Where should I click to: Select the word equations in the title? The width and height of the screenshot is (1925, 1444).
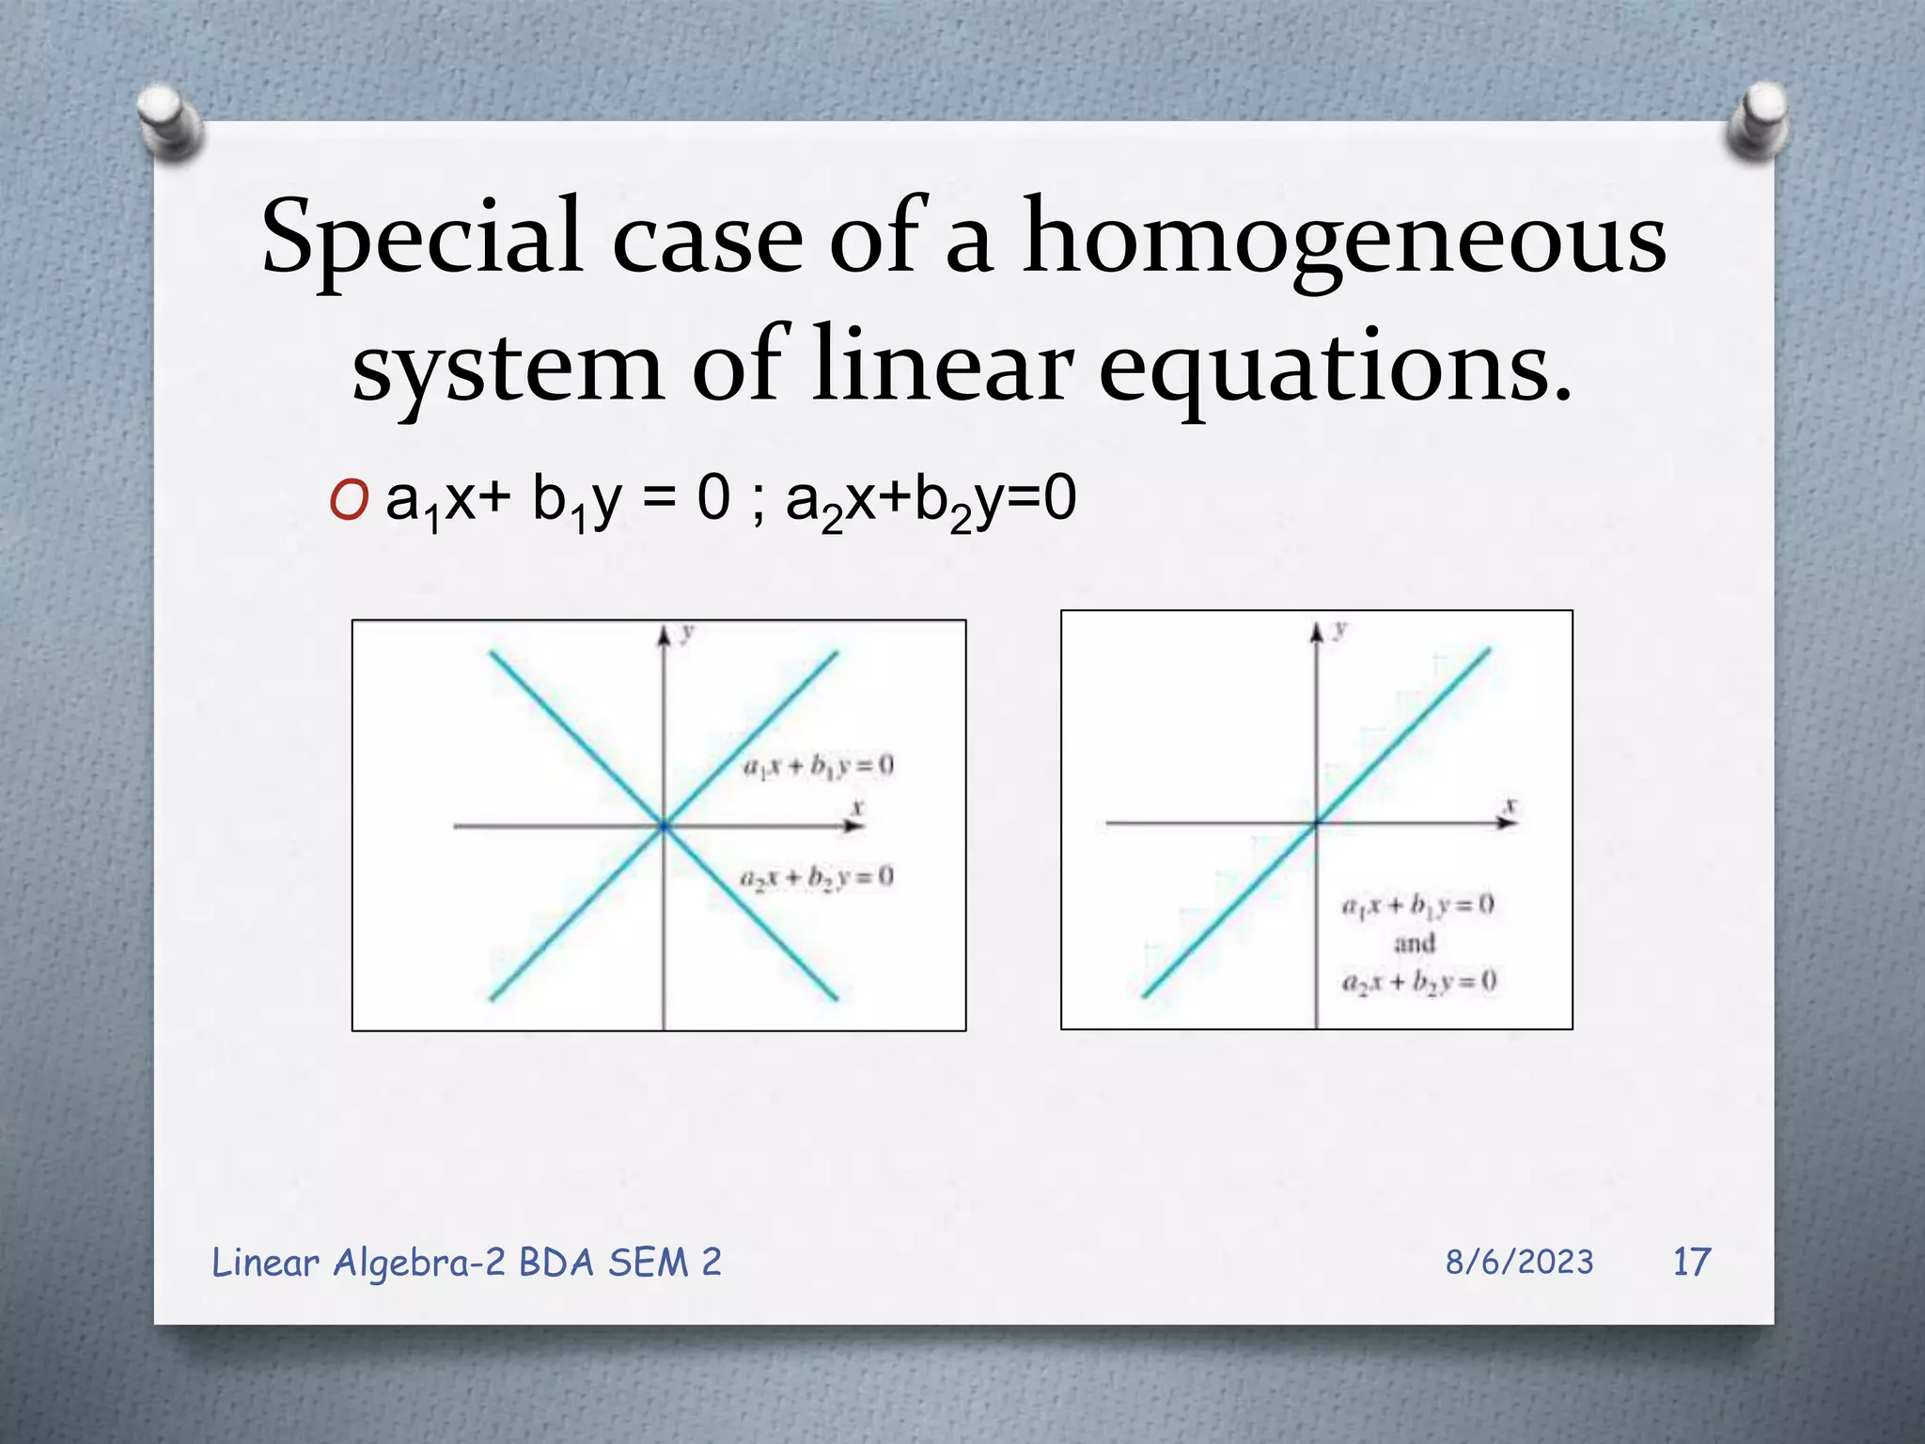[1335, 367]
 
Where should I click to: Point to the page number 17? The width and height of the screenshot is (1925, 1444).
[1691, 1262]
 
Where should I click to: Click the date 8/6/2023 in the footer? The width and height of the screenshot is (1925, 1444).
[1519, 1262]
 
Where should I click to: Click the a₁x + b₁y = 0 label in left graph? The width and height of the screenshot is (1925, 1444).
[818, 766]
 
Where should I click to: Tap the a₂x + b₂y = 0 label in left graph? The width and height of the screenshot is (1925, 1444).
[816, 878]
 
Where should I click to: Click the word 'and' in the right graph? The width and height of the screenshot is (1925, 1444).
[1415, 942]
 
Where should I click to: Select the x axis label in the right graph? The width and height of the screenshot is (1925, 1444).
[1510, 807]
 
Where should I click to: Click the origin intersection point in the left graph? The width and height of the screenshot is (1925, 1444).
[664, 825]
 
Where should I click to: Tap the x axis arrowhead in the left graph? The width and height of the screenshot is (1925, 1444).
[854, 825]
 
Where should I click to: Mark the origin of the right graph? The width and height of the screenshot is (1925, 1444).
[1316, 823]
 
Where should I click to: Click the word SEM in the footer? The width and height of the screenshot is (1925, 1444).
[648, 1262]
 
